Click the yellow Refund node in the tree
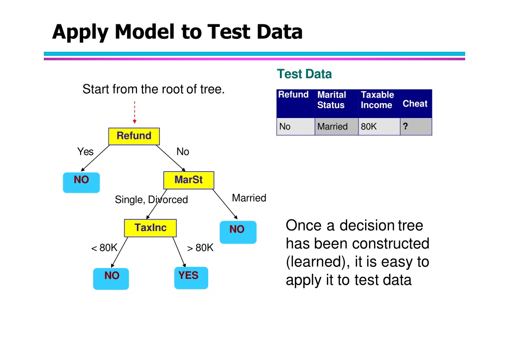pos(134,136)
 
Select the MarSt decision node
pos(189,180)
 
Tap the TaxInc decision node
pos(150,228)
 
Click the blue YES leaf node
pos(191,278)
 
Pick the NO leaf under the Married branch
pos(238,232)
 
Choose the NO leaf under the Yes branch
pos(81,183)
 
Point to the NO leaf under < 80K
pos(111,279)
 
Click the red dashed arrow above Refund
pos(134,112)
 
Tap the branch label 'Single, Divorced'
pos(151,199)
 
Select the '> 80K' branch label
pos(200,248)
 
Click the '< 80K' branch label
pos(104,248)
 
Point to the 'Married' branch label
pos(249,198)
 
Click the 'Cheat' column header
pos(415,104)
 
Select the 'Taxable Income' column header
pos(378,100)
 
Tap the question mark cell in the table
pos(416,126)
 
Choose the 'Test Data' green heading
pos(304,74)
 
